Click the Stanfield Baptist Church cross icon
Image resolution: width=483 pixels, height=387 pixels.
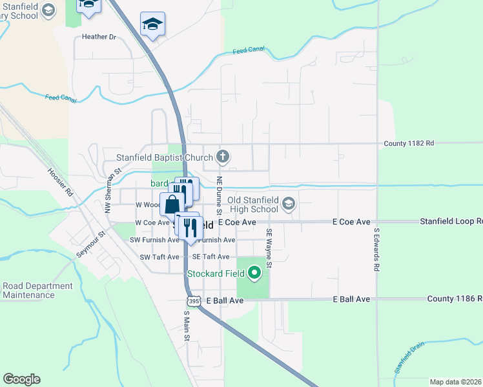(223, 155)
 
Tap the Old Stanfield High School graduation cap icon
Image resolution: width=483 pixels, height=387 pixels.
(288, 204)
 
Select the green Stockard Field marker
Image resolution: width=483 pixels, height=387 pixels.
(254, 273)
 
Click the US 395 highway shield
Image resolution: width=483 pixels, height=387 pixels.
(192, 301)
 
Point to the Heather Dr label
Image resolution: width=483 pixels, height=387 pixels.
(98, 37)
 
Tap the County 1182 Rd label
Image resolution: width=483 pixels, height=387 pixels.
(409, 143)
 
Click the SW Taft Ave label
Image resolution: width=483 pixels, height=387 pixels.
(159, 257)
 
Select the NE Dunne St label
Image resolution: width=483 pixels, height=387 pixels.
(220, 195)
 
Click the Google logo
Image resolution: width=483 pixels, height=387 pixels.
(21, 379)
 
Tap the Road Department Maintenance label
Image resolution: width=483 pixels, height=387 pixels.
(37, 290)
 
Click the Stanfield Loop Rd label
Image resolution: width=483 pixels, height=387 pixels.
(451, 221)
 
